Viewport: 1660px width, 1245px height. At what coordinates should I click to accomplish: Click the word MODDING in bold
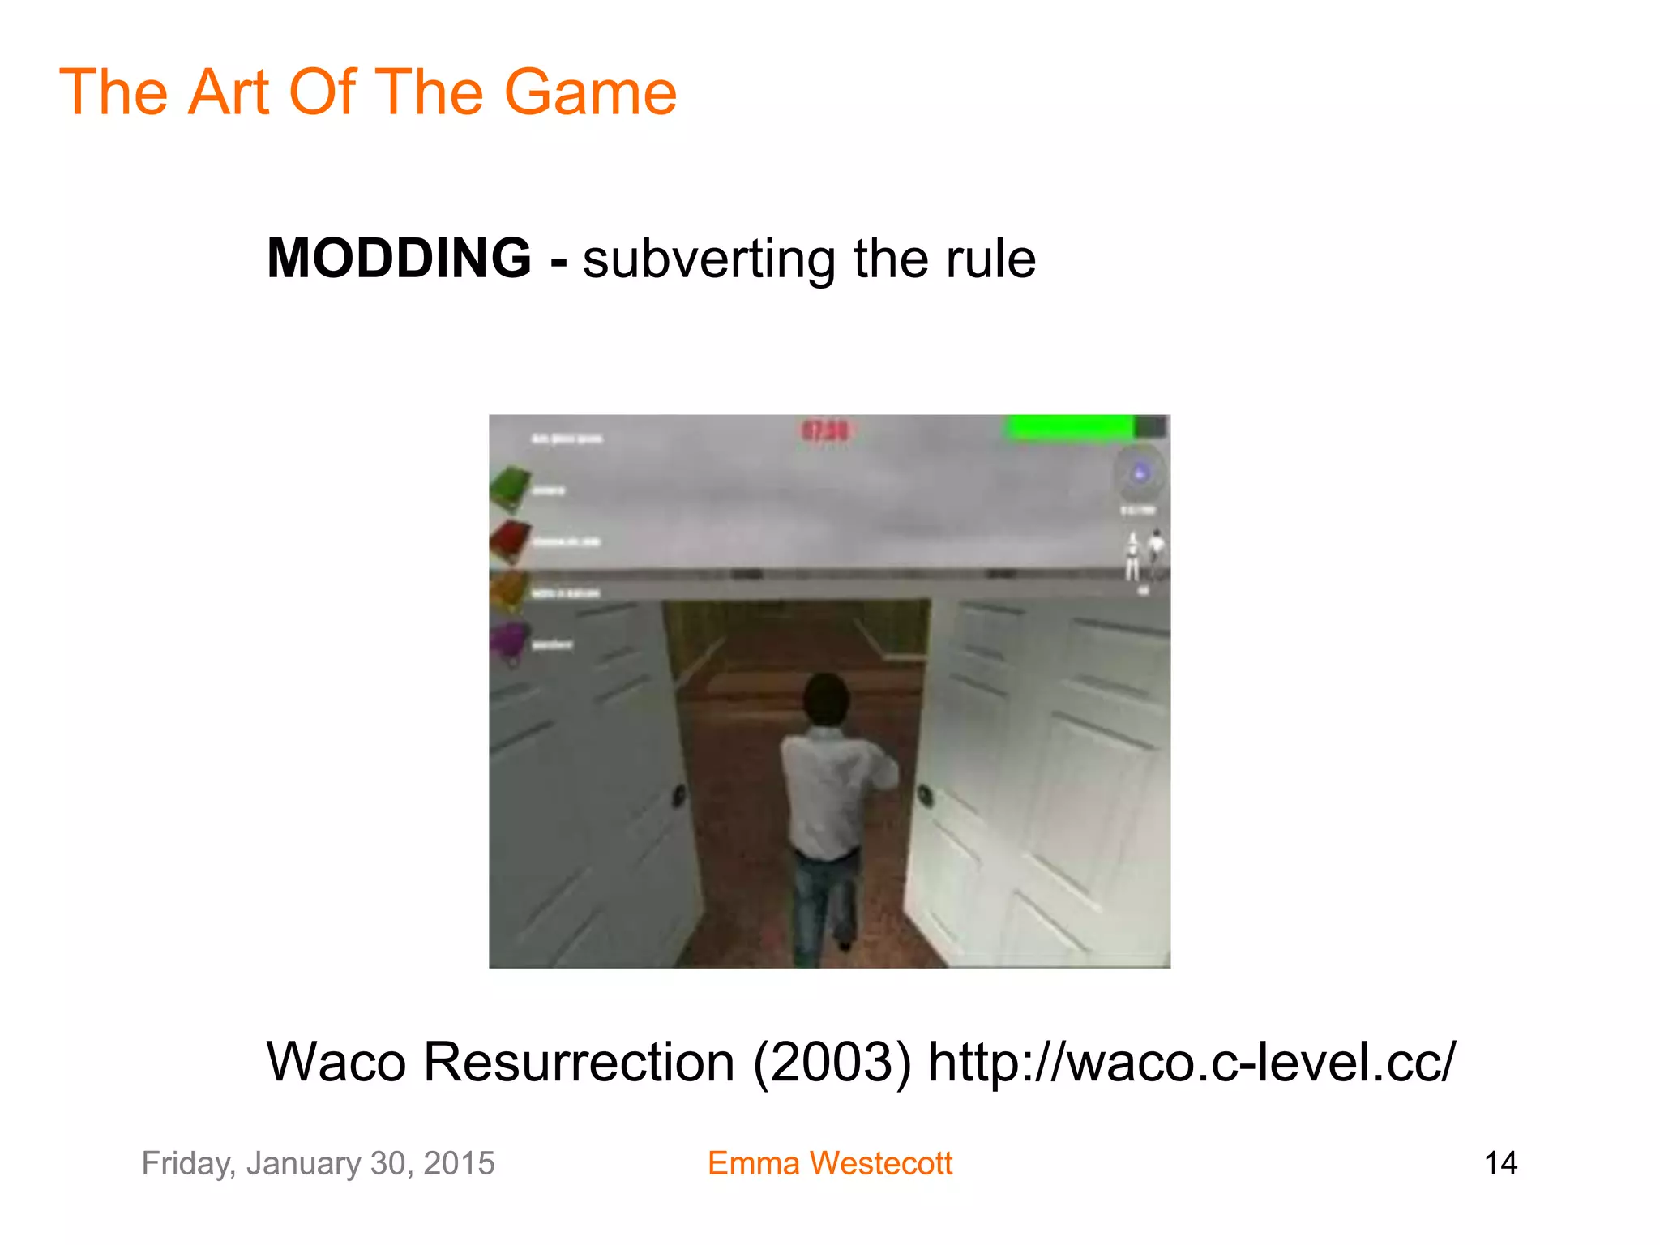pyautogui.click(x=399, y=259)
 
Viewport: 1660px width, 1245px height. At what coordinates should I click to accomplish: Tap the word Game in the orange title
pyautogui.click(x=590, y=92)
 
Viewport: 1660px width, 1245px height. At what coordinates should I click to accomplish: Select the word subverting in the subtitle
pyautogui.click(x=709, y=261)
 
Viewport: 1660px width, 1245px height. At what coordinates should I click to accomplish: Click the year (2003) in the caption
pyautogui.click(x=832, y=1063)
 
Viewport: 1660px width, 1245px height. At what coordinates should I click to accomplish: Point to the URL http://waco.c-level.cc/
pyautogui.click(x=1192, y=1063)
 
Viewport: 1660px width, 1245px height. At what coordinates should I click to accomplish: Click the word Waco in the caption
pyautogui.click(x=336, y=1063)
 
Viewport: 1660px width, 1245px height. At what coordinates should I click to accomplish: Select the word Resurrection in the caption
pyautogui.click(x=579, y=1063)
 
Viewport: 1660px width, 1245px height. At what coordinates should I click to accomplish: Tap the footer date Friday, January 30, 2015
pyautogui.click(x=318, y=1163)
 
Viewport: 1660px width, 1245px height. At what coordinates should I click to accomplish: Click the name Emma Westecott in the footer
pyautogui.click(x=829, y=1163)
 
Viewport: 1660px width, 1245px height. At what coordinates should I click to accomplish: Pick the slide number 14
pyautogui.click(x=1500, y=1163)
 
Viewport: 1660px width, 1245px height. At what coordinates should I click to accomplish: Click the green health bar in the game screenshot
pyautogui.click(x=1070, y=427)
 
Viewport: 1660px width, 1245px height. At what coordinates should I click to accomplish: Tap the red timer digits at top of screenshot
pyautogui.click(x=825, y=430)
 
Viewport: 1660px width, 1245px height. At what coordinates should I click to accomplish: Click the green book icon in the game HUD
pyautogui.click(x=511, y=487)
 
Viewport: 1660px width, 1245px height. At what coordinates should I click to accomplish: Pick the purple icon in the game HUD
pyautogui.click(x=511, y=643)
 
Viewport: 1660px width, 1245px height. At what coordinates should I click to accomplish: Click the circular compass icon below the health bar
pyautogui.click(x=1140, y=473)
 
